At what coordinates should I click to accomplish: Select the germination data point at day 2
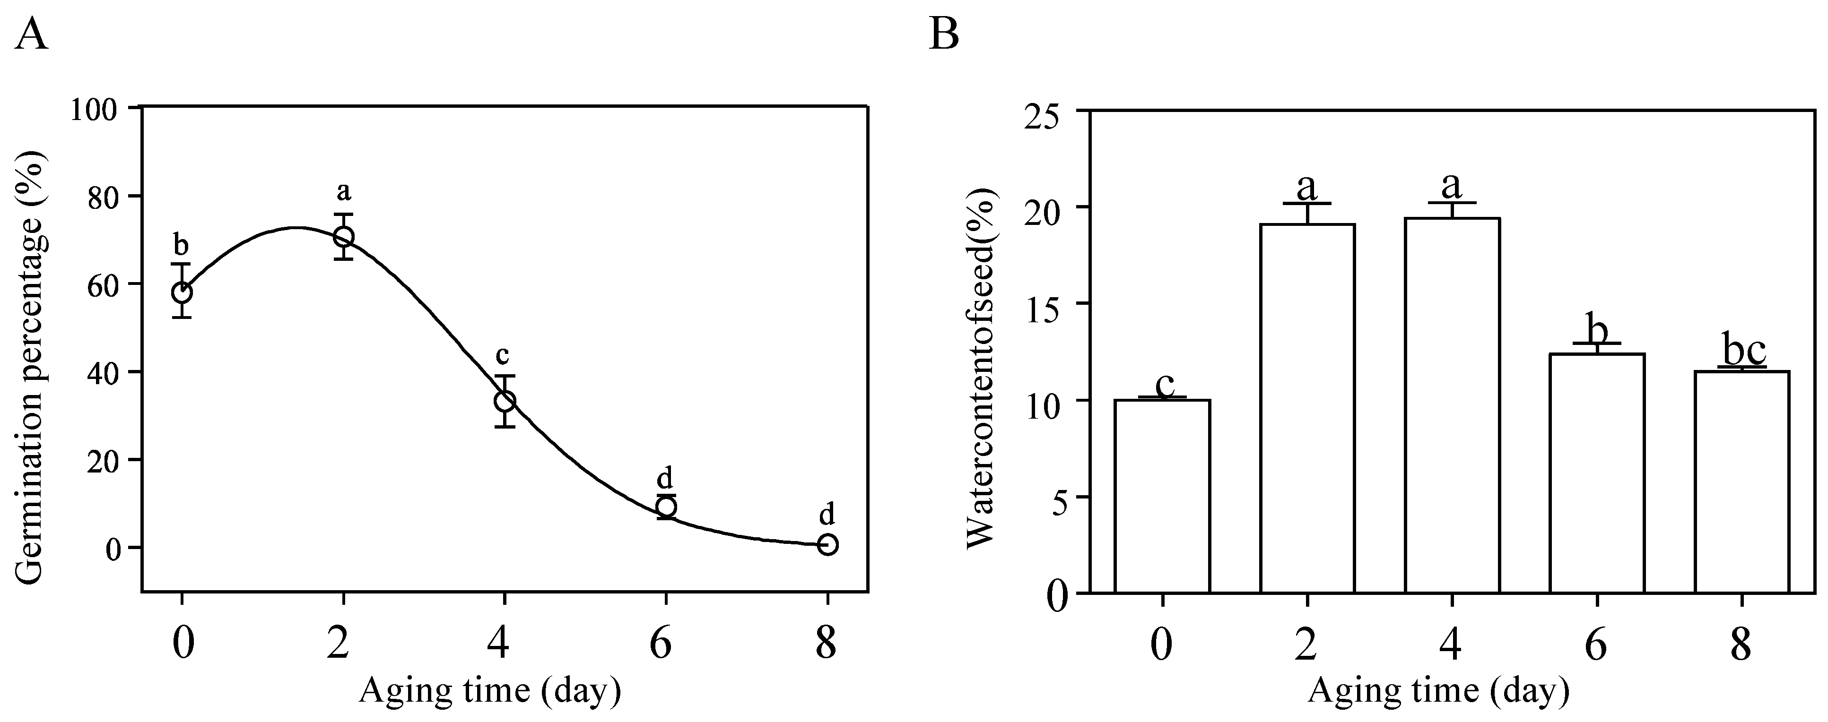tap(343, 236)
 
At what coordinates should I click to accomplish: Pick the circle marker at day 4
tap(505, 401)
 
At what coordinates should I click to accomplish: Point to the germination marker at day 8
tap(827, 545)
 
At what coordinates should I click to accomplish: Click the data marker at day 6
tap(666, 507)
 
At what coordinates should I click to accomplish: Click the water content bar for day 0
tap(1162, 497)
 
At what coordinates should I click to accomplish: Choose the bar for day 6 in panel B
tap(1597, 473)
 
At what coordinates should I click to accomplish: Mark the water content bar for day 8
tap(1741, 482)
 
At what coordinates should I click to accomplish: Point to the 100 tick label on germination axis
tap(99, 109)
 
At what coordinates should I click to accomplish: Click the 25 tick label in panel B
tap(1047, 112)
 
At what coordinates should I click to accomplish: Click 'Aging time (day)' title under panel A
tap(490, 690)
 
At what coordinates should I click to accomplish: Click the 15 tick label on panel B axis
tap(1047, 305)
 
